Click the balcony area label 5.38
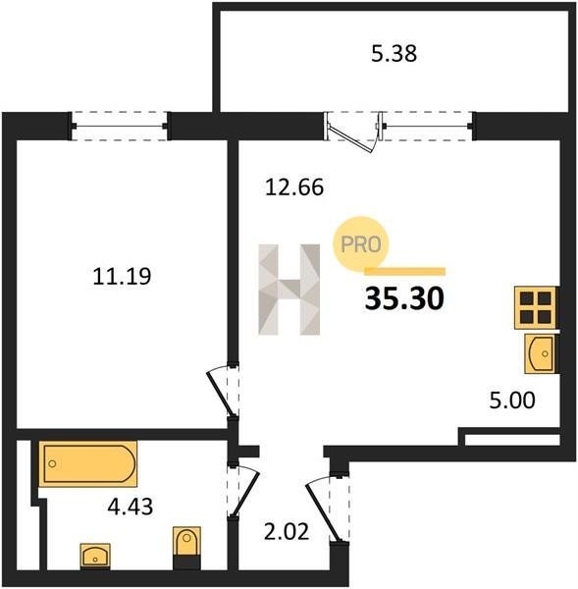[x=394, y=54]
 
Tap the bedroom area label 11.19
[x=122, y=276]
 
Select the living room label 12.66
[x=294, y=187]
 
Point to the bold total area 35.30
[x=404, y=299]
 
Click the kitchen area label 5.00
[x=512, y=401]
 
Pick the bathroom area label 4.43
[x=131, y=507]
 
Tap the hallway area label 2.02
[x=287, y=532]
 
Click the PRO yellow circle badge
[x=361, y=243]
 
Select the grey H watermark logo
[x=289, y=290]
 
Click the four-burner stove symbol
[x=536, y=307]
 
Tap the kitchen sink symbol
[x=541, y=353]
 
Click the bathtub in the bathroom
[x=88, y=463]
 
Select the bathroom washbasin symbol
[x=95, y=556]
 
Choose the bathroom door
[x=245, y=492]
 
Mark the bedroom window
[x=120, y=127]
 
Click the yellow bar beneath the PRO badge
[x=405, y=271]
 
